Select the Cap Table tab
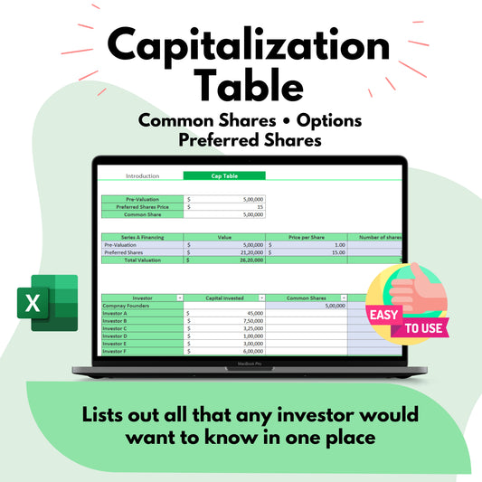coord(224,175)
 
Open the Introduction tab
coord(142,175)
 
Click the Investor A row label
coord(117,313)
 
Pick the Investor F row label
coord(117,352)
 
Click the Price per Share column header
coord(305,237)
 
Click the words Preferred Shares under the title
coord(241,140)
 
